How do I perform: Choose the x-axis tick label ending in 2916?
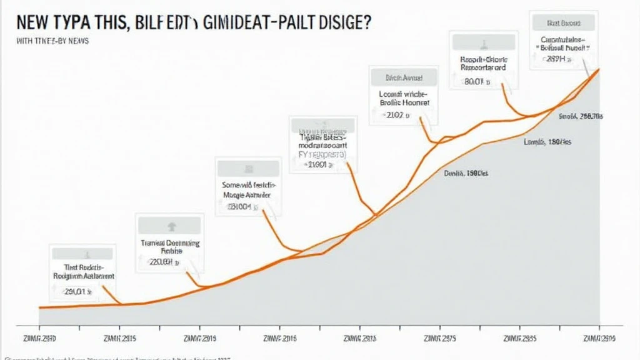tap(279, 338)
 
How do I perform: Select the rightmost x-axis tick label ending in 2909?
tap(598, 338)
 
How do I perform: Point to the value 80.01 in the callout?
tap(476, 81)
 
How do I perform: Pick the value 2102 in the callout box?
tap(395, 115)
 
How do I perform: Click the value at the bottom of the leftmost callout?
tap(78, 291)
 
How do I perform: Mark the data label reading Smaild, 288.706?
tap(580, 116)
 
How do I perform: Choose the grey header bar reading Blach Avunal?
tap(396, 78)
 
